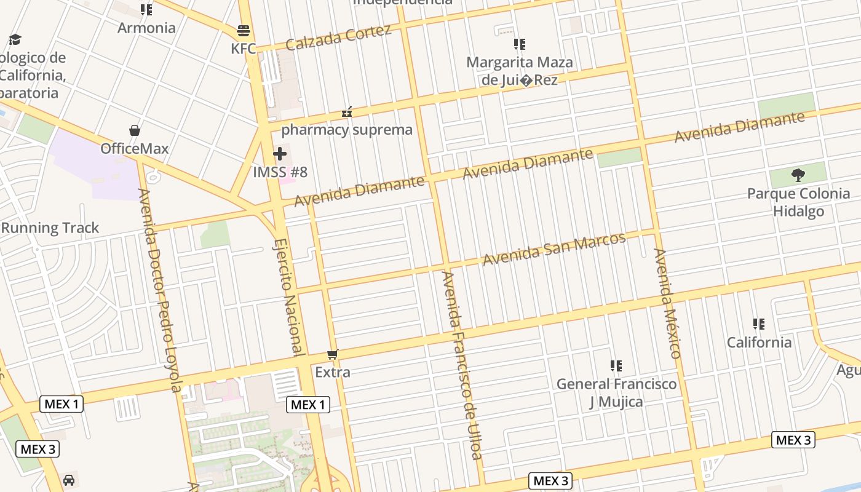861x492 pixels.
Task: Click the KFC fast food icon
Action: (x=244, y=31)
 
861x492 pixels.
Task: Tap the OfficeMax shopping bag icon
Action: (x=135, y=130)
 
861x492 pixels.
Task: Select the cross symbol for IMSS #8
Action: (x=280, y=154)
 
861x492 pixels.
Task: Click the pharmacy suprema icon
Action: (x=347, y=112)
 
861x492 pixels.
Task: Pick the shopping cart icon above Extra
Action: (x=333, y=354)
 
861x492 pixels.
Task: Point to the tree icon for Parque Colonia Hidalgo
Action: (x=798, y=175)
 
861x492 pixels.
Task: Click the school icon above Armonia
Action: (x=146, y=10)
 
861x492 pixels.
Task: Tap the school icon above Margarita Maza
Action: (x=520, y=44)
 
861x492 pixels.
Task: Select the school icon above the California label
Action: (x=759, y=324)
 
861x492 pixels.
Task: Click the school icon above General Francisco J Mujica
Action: (x=616, y=366)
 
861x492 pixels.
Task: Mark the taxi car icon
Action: (x=69, y=480)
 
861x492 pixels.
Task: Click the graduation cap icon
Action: (x=15, y=40)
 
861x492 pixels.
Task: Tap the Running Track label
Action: (x=50, y=228)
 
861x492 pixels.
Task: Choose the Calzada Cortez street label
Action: (x=338, y=38)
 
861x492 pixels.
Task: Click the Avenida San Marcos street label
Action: (x=554, y=249)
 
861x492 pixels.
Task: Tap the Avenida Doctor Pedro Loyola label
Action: (x=160, y=290)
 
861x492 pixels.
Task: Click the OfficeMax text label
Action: (x=134, y=149)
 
